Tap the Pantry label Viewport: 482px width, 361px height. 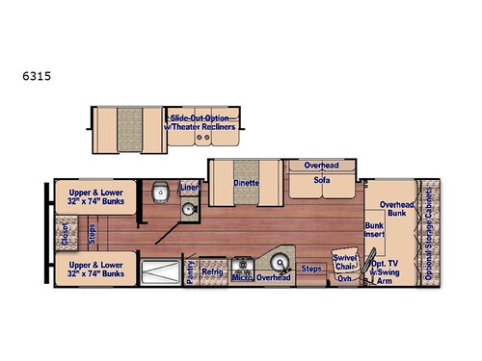(191, 269)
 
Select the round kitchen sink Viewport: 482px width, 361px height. (281, 263)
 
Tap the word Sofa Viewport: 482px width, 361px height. (321, 180)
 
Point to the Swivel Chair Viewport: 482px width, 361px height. (345, 262)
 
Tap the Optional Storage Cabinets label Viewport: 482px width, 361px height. (430, 232)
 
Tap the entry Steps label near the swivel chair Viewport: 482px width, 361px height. (311, 269)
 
